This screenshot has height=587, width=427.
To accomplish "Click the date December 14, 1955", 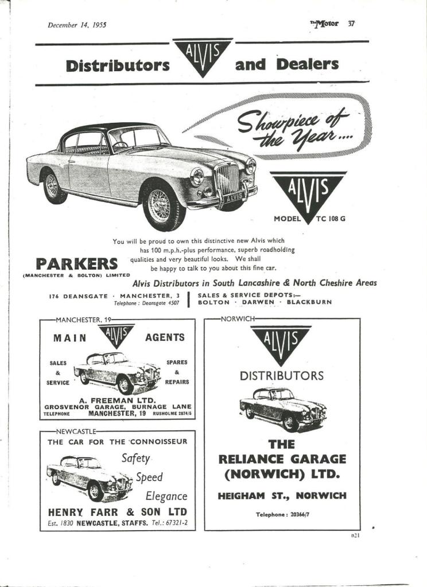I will click(77, 25).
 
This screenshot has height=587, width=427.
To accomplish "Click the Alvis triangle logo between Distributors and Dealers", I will click(203, 56).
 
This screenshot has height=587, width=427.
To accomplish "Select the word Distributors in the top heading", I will click(118, 65).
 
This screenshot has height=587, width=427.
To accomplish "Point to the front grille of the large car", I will click(226, 178).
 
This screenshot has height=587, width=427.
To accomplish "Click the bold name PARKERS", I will click(77, 265).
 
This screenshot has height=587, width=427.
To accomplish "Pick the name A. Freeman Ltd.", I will click(117, 400).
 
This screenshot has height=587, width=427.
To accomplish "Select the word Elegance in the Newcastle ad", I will click(166, 496).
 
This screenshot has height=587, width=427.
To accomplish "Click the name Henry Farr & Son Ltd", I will click(117, 511).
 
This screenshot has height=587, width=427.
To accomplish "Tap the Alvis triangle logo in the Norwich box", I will click(281, 344).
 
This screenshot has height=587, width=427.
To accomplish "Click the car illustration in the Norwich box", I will click(282, 408).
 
